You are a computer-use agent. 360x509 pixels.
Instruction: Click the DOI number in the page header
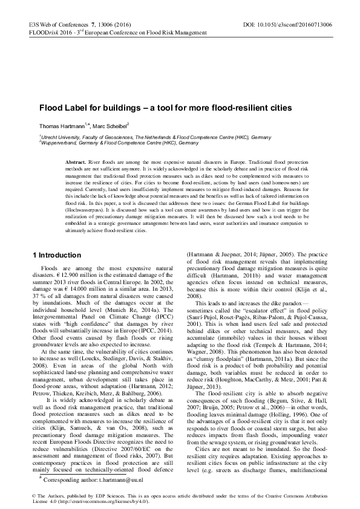point(301,25)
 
